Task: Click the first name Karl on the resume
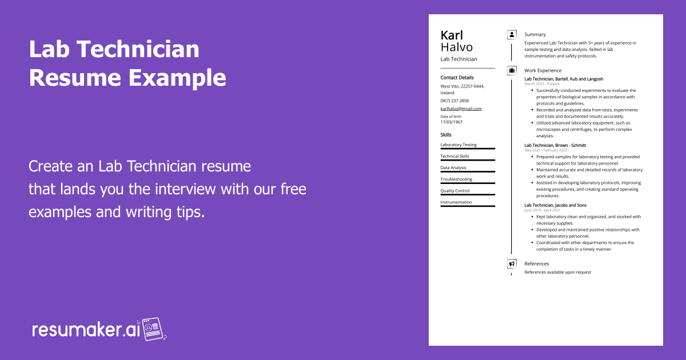[x=452, y=35]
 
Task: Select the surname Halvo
[x=456, y=47]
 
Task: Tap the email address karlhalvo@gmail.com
[x=461, y=109]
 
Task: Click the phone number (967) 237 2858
[x=454, y=101]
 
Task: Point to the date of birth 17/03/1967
[x=452, y=122]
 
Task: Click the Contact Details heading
[x=457, y=78]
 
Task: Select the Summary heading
[x=535, y=35]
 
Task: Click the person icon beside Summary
[x=512, y=35]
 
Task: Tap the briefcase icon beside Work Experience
[x=512, y=70]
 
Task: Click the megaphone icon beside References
[x=512, y=264]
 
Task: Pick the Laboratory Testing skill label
[x=458, y=145]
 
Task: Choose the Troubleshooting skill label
[x=456, y=179]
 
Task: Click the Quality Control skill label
[x=455, y=191]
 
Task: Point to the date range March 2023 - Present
[x=542, y=84]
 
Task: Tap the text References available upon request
[x=557, y=273]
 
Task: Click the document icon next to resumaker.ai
[x=153, y=329]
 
